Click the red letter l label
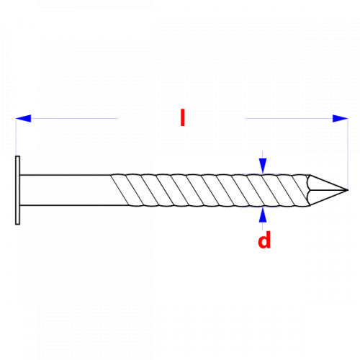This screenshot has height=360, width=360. (183, 117)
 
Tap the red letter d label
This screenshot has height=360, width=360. (264, 240)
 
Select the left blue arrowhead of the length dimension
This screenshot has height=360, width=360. (24, 118)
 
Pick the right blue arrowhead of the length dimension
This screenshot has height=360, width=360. (340, 118)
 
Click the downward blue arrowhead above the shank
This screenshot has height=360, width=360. (263, 166)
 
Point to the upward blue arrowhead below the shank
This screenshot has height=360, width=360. (263, 215)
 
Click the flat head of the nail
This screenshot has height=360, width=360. (17, 190)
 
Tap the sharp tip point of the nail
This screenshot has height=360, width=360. (348, 190)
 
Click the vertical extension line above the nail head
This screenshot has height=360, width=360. (16, 137)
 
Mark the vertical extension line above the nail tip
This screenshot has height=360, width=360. (348, 153)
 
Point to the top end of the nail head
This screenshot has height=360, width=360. (17, 156)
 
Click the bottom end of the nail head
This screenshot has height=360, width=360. (17, 225)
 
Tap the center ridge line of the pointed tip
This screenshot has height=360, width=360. (329, 190)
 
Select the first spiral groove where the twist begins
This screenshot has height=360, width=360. (120, 190)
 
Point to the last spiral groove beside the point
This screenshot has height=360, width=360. (300, 187)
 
